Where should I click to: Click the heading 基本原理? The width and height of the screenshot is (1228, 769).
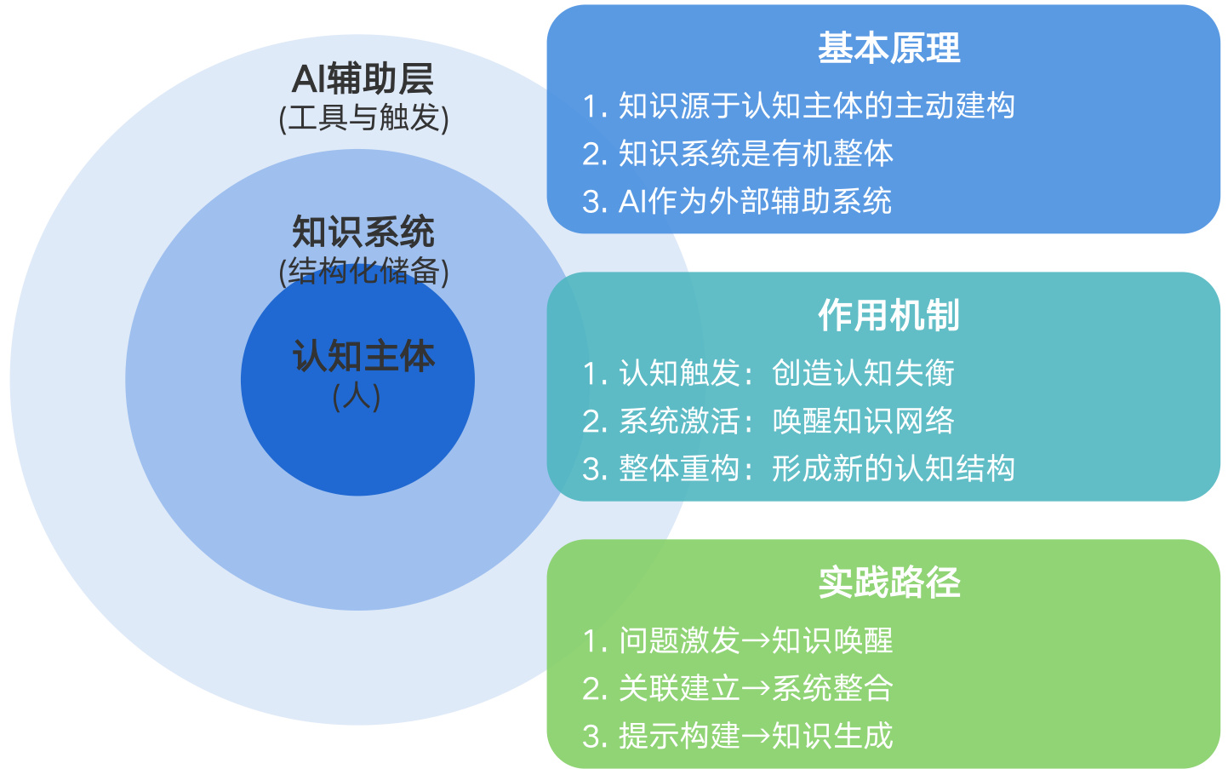pyautogui.click(x=888, y=49)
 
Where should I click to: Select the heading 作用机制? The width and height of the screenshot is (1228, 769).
pyautogui.click(x=888, y=316)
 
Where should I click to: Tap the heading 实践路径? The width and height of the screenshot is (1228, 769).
pyautogui.click(x=888, y=583)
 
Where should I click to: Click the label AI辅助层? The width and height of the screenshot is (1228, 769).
pyautogui.click(x=363, y=79)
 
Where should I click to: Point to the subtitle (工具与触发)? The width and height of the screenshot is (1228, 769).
pyautogui.click(x=363, y=118)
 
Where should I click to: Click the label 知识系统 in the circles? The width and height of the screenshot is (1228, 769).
pyautogui.click(x=363, y=232)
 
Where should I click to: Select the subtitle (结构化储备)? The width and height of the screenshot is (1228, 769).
pyautogui.click(x=363, y=271)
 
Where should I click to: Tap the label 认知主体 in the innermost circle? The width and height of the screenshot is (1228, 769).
pyautogui.click(x=363, y=356)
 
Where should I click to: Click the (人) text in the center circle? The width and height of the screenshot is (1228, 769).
pyautogui.click(x=357, y=396)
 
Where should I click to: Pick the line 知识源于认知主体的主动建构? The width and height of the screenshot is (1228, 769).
pyautogui.click(x=816, y=106)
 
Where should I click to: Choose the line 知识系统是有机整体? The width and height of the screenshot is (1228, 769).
pyautogui.click(x=756, y=153)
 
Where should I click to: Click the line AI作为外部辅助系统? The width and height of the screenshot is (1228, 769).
pyautogui.click(x=755, y=202)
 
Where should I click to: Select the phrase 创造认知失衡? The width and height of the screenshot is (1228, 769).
pyautogui.click(x=863, y=373)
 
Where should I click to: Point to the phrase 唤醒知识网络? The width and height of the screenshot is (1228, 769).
pyautogui.click(x=863, y=421)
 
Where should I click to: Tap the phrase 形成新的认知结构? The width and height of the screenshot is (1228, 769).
pyautogui.click(x=893, y=468)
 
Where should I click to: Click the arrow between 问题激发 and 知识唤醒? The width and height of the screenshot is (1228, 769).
pyautogui.click(x=756, y=641)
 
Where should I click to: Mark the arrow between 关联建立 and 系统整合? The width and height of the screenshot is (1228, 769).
pyautogui.click(x=756, y=689)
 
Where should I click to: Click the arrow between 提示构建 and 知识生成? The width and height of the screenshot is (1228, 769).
pyautogui.click(x=756, y=737)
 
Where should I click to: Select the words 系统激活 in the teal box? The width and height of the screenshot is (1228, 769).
pyautogui.click(x=678, y=421)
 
